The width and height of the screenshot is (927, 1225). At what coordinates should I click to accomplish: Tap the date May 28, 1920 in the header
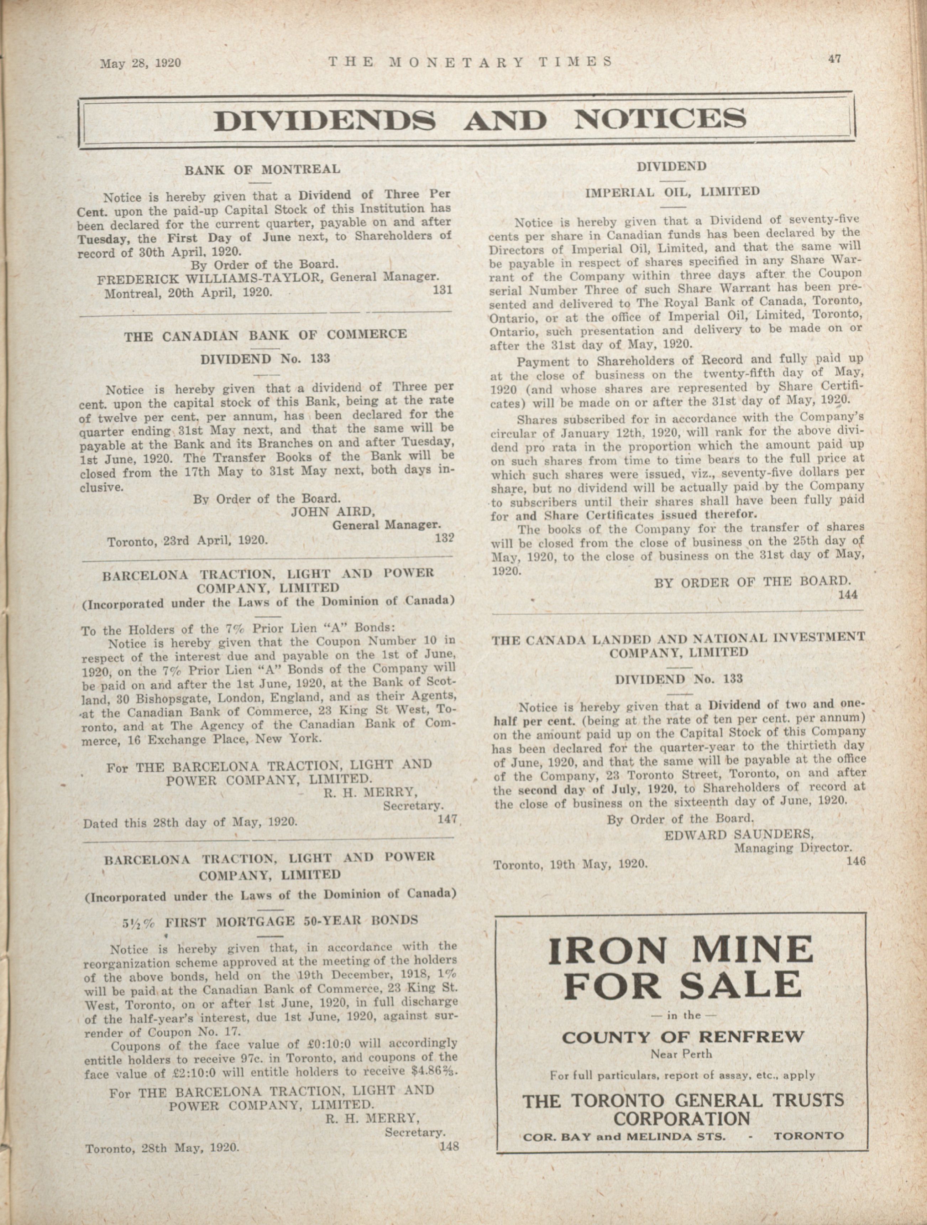click(x=141, y=63)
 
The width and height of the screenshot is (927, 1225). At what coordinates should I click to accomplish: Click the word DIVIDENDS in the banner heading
click(x=325, y=120)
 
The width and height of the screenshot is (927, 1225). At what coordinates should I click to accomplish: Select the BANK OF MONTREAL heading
click(x=262, y=170)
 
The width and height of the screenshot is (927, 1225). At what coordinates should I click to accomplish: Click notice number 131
click(x=443, y=289)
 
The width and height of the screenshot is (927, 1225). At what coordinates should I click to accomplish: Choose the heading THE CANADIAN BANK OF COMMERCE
click(x=265, y=335)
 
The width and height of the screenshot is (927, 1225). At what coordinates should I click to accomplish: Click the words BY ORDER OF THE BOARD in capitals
click(x=752, y=582)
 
